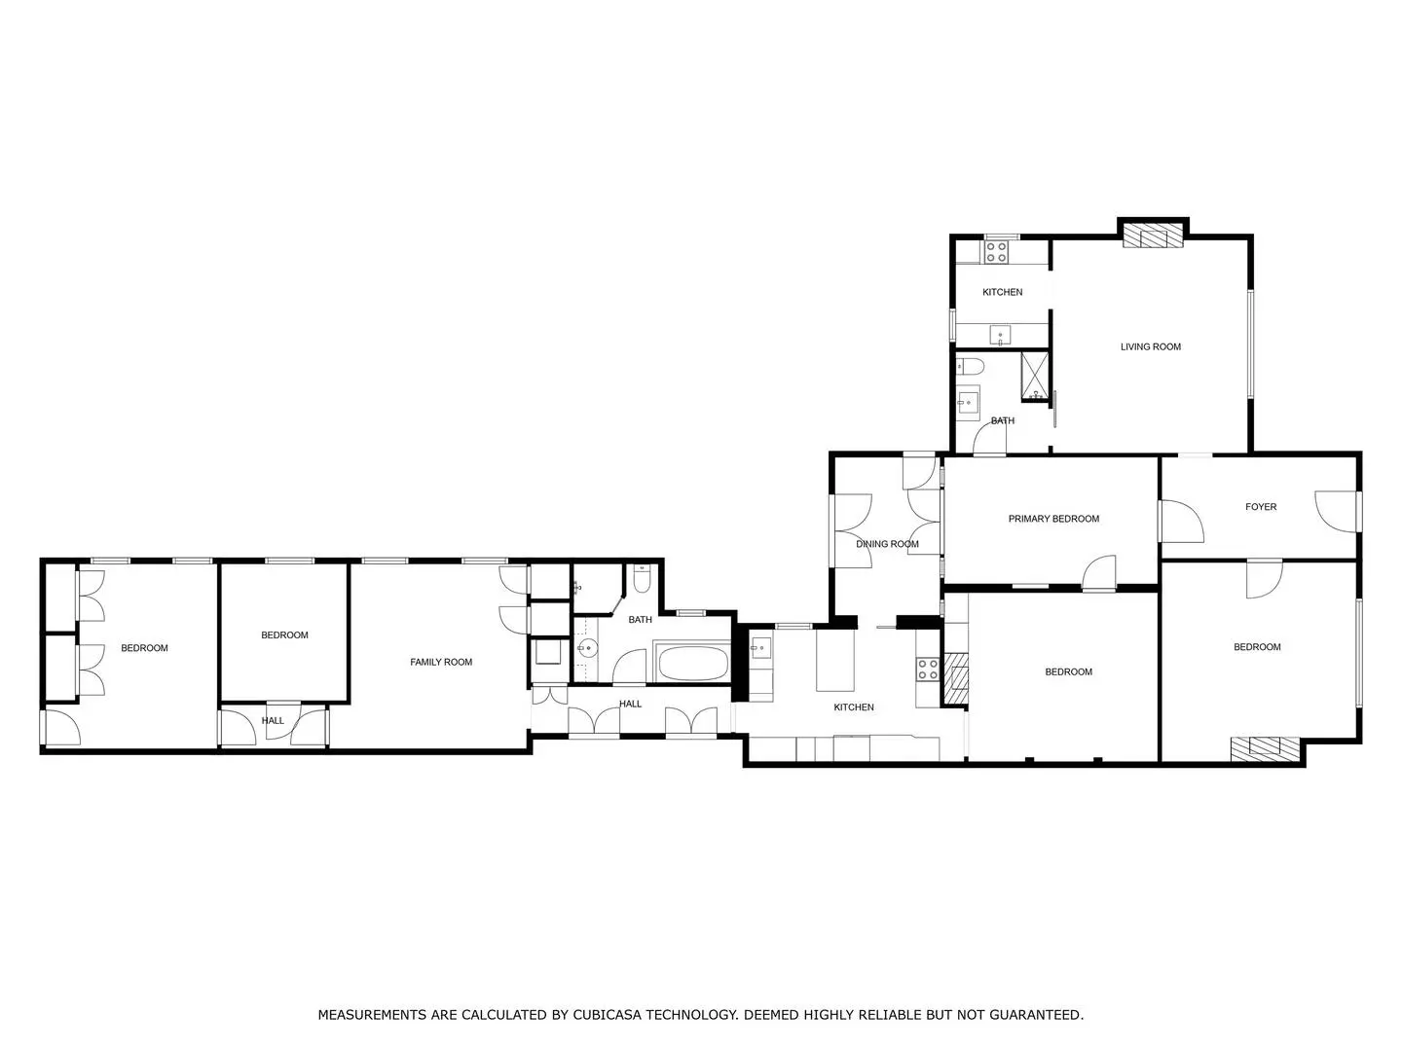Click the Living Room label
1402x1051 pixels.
coord(1151,346)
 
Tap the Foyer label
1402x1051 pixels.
coord(1260,507)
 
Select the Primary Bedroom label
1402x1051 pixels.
coord(1053,519)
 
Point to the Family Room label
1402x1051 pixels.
coord(441,662)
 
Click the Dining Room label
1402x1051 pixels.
coord(887,544)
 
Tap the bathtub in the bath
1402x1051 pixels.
coord(692,663)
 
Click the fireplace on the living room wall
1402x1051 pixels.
coord(1153,235)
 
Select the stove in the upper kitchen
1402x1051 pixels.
coord(996,251)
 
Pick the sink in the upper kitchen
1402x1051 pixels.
coord(1000,335)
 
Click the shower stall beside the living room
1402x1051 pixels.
coord(1034,378)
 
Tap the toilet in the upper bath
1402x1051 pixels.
coord(970,366)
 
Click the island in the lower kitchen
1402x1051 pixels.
coord(834,661)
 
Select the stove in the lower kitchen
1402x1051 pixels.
coord(928,670)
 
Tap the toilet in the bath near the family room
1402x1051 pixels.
coord(642,579)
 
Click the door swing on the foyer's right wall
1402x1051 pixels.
coord(1336,512)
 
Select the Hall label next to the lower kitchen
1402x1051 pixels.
coord(630,704)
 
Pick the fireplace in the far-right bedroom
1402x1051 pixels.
coord(1265,749)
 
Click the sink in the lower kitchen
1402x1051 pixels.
coord(760,648)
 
